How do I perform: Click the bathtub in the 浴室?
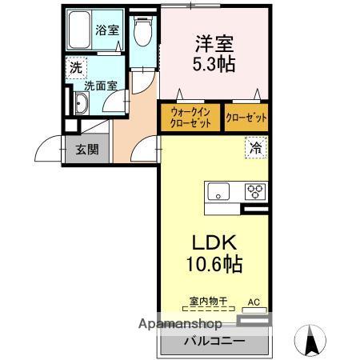(x=79, y=30)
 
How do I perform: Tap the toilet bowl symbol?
(x=142, y=31)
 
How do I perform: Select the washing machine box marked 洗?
(x=76, y=68)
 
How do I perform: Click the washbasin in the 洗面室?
(x=82, y=103)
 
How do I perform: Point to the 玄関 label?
(x=87, y=150)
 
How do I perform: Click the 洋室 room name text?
(x=214, y=44)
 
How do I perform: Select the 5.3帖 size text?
(x=214, y=64)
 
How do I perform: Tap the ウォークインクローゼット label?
(x=190, y=118)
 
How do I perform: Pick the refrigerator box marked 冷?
(x=256, y=147)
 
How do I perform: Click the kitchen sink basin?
(x=218, y=191)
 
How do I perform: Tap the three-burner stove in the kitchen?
(x=255, y=191)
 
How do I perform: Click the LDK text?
(x=214, y=242)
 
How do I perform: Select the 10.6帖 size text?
(x=214, y=263)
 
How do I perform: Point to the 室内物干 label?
(x=208, y=302)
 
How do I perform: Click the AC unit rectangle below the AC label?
(x=254, y=310)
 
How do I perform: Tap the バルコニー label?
(x=214, y=341)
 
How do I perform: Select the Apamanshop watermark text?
(x=180, y=324)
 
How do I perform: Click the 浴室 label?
(x=107, y=30)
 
